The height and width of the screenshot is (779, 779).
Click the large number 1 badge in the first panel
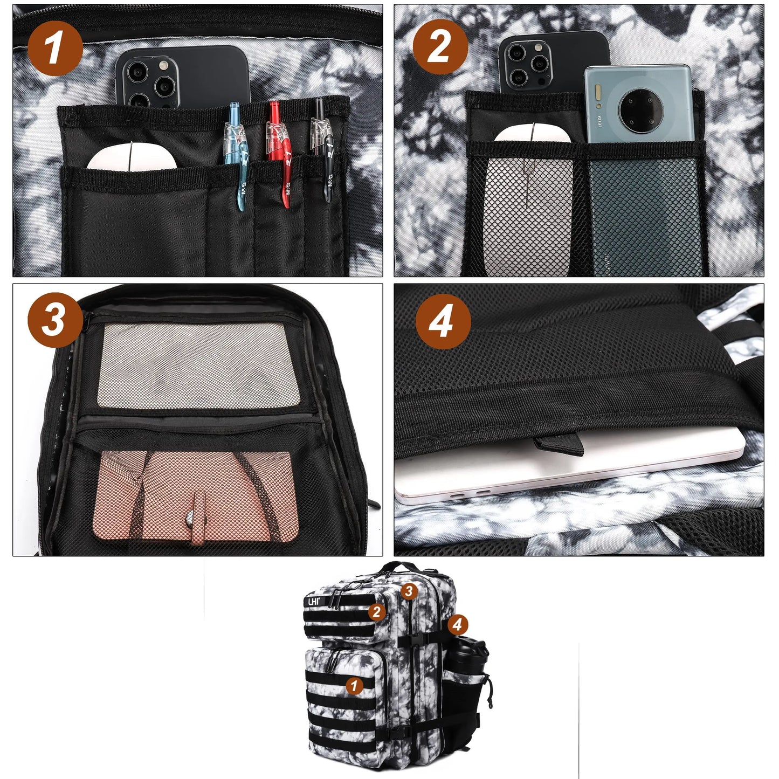click(x=54, y=48)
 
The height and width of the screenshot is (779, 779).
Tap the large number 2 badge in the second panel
click(x=440, y=47)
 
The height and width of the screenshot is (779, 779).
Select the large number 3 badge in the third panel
click(x=54, y=320)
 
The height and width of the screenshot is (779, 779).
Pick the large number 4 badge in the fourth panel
click(x=443, y=322)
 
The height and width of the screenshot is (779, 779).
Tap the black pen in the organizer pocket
click(x=323, y=151)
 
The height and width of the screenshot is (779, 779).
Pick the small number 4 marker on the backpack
click(x=457, y=625)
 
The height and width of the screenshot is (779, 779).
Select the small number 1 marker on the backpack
click(x=354, y=686)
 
